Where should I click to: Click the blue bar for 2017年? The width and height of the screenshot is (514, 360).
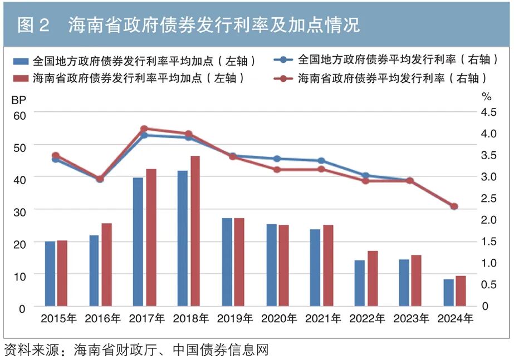[138, 242]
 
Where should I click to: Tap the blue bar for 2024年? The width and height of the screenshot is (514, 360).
[449, 293]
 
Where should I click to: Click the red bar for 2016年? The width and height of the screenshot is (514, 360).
[106, 264]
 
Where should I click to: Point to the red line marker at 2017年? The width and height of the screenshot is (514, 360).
[144, 129]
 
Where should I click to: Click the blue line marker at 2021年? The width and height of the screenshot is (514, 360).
[321, 161]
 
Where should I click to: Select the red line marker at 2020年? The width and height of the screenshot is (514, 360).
[277, 169]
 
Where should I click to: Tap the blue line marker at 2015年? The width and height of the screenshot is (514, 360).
[56, 160]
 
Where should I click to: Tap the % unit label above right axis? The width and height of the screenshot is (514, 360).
[487, 97]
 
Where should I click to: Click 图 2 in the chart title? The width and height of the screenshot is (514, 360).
[33, 25]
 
